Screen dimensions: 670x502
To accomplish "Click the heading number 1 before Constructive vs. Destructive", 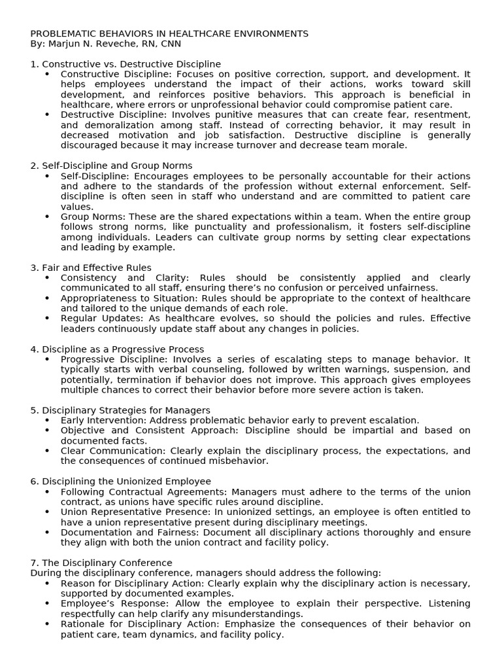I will [33, 64].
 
